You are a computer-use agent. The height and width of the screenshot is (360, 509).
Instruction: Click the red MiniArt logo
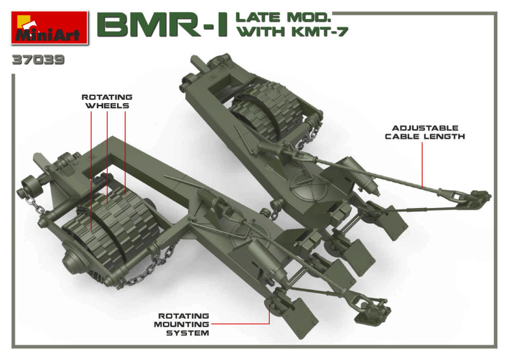point(50,28)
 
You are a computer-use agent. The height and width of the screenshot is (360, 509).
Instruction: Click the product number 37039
point(38,60)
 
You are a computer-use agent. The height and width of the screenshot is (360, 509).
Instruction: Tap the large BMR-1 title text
point(162,25)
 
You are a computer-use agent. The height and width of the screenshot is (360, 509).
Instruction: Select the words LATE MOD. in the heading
point(283,17)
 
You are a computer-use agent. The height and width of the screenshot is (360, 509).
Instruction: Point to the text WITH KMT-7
point(293,32)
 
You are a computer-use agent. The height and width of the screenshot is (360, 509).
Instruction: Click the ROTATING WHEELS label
point(107,101)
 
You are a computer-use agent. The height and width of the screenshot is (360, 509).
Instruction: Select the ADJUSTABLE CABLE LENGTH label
point(425,132)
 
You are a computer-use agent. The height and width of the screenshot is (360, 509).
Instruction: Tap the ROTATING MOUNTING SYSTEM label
point(182,324)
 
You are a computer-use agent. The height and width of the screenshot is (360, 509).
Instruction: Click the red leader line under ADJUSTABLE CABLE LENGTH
point(422,165)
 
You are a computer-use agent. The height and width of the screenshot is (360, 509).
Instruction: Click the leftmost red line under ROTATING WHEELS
point(91,170)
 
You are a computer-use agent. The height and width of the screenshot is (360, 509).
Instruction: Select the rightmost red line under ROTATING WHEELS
point(125,153)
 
